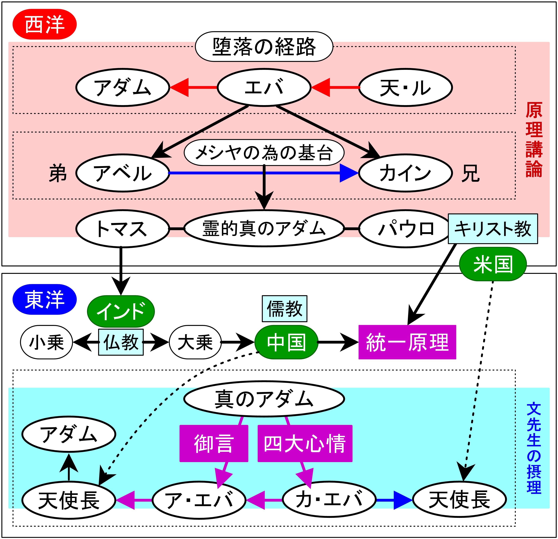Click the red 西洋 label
pyautogui.click(x=45, y=24)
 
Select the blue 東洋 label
pyautogui.click(x=45, y=299)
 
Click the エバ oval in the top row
pyautogui.click(x=264, y=87)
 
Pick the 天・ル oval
pyautogui.click(x=405, y=87)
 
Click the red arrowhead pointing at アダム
pyautogui.click(x=179, y=87)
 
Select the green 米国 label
pyautogui.click(x=493, y=264)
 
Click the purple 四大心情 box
pyautogui.click(x=305, y=443)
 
